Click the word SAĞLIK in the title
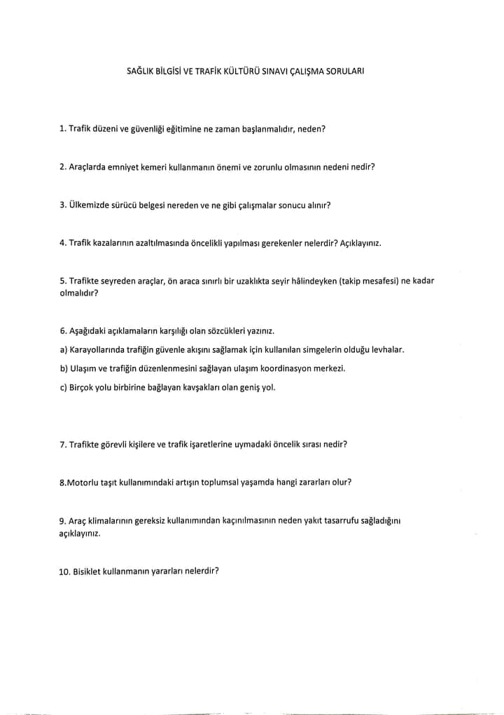(140, 71)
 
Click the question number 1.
(63, 129)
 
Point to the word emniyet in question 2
(129, 167)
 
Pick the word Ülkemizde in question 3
(87, 205)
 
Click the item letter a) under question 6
(64, 349)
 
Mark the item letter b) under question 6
(64, 368)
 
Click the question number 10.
(66, 571)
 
